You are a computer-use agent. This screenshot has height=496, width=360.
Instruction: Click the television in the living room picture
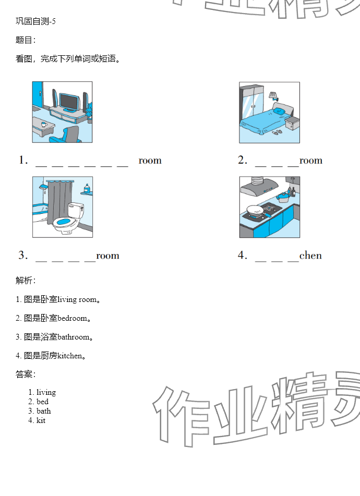click(68, 101)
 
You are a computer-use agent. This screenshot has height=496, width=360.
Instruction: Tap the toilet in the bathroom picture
click(68, 218)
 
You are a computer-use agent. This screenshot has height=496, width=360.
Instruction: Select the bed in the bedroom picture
click(264, 122)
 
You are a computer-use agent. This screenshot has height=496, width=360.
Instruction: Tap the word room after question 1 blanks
click(150, 161)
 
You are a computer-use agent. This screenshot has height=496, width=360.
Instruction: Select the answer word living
click(46, 392)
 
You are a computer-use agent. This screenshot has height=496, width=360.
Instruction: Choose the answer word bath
click(44, 411)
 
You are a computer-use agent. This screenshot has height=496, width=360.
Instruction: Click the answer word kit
click(41, 420)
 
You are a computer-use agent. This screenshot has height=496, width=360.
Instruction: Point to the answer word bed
click(42, 402)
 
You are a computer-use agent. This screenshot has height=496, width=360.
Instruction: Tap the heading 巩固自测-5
click(35, 21)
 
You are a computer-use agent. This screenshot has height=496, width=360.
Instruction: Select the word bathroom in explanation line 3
click(73, 337)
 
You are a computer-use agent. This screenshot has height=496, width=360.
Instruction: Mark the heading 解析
click(25, 281)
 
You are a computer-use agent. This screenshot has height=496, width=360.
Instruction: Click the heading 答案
click(25, 374)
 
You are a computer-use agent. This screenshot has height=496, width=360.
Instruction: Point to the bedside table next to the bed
click(292, 123)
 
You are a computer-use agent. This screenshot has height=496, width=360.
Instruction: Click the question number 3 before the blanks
click(22, 256)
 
